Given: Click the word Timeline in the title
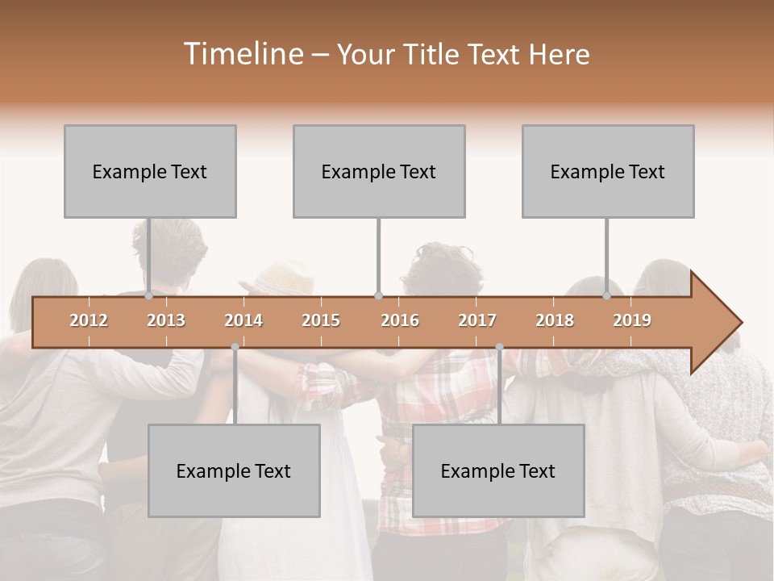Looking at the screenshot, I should pos(242,54).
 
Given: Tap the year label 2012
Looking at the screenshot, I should pos(89,320).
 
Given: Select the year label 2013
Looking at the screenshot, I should pos(166,320).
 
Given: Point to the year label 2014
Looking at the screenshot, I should pos(243,320).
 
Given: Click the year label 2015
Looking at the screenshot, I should pos(321,320).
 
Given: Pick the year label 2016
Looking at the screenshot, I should pos(400,320).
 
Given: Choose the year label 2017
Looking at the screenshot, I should pos(477,320).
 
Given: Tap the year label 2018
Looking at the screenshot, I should pos(555,320).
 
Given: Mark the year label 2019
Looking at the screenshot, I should pos(632,320).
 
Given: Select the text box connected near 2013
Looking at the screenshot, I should pos(150,171).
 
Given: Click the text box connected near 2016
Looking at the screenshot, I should pos(379,171).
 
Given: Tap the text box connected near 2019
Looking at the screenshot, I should pos(608,171).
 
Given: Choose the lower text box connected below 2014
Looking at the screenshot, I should pos(234,470).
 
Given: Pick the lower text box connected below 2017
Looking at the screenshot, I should pos(498,470).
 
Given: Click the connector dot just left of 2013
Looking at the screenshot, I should pos(148,296).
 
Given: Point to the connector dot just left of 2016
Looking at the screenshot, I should pos(378,296).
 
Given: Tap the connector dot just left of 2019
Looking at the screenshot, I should pos(607,296).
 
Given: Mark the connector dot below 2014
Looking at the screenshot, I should pos(235,347).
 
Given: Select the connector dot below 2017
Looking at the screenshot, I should pos(499,347).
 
